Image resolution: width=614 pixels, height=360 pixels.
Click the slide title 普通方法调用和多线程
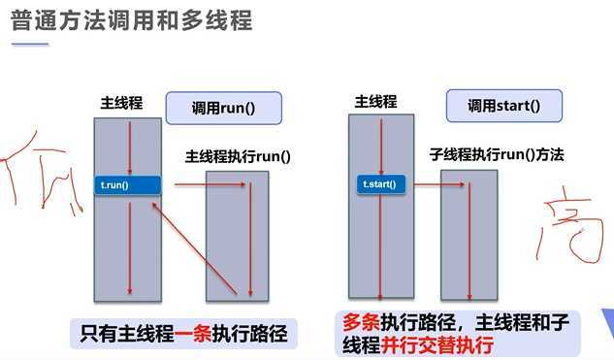tap(132, 21)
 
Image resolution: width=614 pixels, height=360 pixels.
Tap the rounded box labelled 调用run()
tap(223, 107)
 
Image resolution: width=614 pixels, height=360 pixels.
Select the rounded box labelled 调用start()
tap(503, 105)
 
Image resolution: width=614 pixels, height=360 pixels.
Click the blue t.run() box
tap(128, 184)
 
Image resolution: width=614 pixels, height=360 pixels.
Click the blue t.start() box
tap(379, 183)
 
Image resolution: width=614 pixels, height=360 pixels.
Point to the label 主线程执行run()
tap(238, 155)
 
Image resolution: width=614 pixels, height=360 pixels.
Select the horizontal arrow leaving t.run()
tap(190, 183)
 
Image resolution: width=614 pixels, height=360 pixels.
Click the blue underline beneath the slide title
tap(29, 44)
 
